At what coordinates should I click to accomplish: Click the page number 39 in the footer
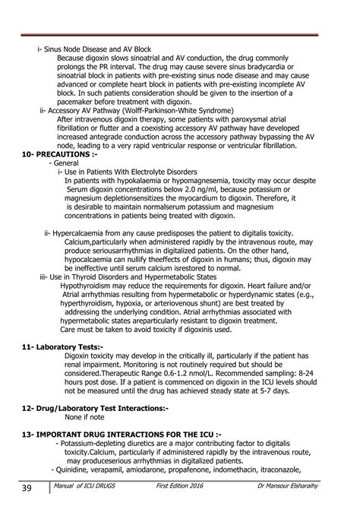(26, 486)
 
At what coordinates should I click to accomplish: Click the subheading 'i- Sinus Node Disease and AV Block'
(95, 49)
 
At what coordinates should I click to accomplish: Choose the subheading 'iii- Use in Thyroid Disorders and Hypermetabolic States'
(139, 277)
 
